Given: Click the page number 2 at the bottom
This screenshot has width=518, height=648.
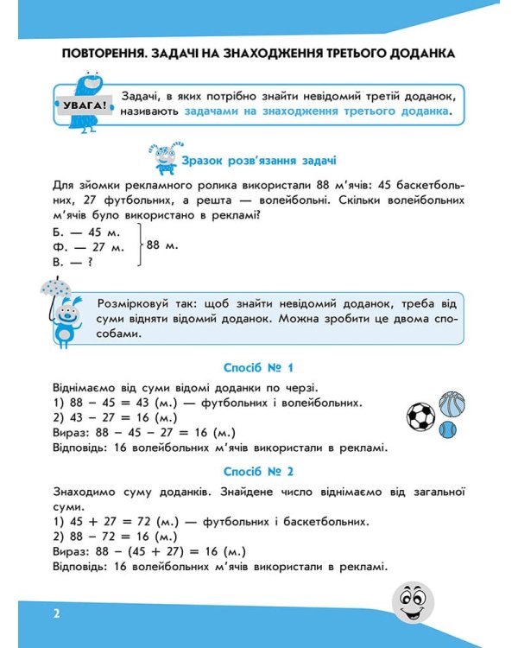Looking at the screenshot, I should tap(55, 614).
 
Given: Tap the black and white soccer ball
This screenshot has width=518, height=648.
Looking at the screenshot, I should tap(421, 417).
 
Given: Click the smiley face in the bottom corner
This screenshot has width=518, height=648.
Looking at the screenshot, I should tap(413, 600).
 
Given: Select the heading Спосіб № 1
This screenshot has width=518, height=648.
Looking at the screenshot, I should tap(258, 365).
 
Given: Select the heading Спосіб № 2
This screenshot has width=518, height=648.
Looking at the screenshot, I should tap(258, 472).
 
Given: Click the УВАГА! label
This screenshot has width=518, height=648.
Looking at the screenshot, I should tap(85, 106).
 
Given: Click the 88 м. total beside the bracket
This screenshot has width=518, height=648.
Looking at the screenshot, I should tap(162, 246).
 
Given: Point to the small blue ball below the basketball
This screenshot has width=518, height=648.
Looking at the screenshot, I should tap(447, 429).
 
